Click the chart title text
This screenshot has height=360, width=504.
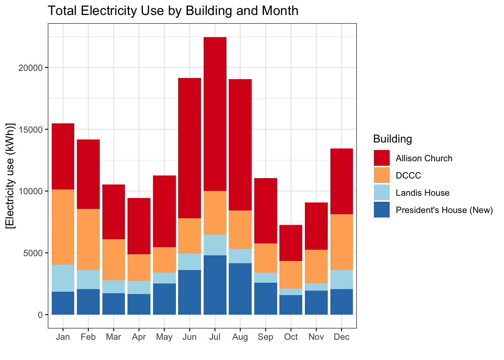click(x=173, y=11)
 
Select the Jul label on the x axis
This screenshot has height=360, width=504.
click(x=215, y=337)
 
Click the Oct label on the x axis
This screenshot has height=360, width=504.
click(x=291, y=337)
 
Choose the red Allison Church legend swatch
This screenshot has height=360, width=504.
click(x=381, y=158)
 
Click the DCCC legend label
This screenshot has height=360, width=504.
click(x=408, y=175)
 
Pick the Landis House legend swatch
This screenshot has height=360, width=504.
click(x=381, y=193)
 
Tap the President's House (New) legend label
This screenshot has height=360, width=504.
click(x=444, y=210)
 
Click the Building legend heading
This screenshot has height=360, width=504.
click(x=392, y=139)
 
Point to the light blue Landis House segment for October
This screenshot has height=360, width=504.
click(x=291, y=292)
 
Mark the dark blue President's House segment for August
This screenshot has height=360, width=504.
click(x=240, y=289)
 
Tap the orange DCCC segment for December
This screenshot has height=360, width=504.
click(x=342, y=242)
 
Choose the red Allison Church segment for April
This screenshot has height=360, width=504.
click(x=139, y=226)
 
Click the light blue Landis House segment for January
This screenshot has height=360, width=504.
click(x=63, y=278)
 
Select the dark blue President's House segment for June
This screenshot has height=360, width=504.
click(x=189, y=292)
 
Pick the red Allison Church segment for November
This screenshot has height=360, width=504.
click(x=316, y=226)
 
